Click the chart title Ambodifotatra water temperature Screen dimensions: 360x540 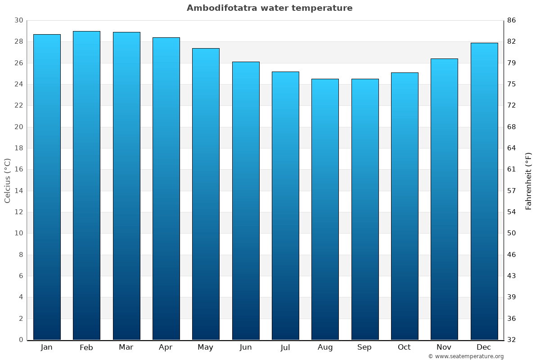[270, 8]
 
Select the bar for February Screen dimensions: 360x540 [86, 185]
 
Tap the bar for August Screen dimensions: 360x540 [325, 209]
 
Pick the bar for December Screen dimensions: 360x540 [484, 191]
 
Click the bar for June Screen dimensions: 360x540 [246, 201]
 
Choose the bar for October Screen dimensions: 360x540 [405, 206]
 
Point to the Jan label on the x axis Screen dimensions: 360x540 [47, 347]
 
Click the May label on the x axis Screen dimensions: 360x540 [206, 347]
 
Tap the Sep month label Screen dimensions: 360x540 [364, 347]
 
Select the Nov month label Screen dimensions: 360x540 [444, 347]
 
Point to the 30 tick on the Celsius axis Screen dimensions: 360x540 [18, 20]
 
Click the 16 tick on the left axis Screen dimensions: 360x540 [18, 170]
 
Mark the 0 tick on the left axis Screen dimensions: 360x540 [21, 340]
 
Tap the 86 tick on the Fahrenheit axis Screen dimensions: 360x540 [512, 20]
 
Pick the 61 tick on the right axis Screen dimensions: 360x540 [512, 170]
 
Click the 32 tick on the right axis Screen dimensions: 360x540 [512, 340]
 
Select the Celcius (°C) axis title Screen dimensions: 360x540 [7, 180]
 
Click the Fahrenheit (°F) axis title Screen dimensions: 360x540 [529, 180]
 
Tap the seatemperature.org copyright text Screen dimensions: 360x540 [466, 356]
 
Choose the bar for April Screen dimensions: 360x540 [166, 189]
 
